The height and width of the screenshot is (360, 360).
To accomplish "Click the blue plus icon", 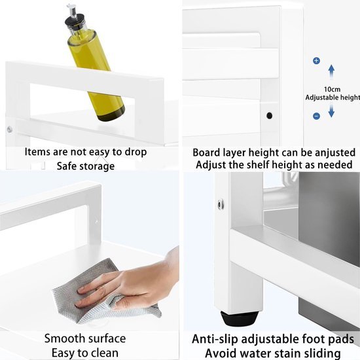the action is pos(316,61).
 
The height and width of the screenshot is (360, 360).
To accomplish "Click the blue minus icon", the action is pos(316,116).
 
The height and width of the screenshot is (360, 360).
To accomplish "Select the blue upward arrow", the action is pos(331,72).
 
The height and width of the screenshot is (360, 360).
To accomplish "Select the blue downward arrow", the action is pos(331,111).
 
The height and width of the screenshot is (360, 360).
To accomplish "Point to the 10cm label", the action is pos(332,89).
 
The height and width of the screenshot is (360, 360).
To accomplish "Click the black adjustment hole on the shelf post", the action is pos(269,116).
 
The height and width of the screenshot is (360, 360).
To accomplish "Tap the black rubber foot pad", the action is pos(240,318).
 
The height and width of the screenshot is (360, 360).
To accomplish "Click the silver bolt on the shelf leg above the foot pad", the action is pos(221,204).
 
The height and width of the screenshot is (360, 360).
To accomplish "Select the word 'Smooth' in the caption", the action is pos(65,338).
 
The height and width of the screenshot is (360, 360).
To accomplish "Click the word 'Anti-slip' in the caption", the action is pos(215,339).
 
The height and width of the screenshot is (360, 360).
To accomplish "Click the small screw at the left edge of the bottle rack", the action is pos(10,129).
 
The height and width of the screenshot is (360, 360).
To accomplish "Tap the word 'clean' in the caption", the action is pos(105,353).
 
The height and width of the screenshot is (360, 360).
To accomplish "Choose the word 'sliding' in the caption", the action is pos(322,353).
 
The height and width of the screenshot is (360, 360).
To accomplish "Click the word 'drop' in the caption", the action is pos(135,153).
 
